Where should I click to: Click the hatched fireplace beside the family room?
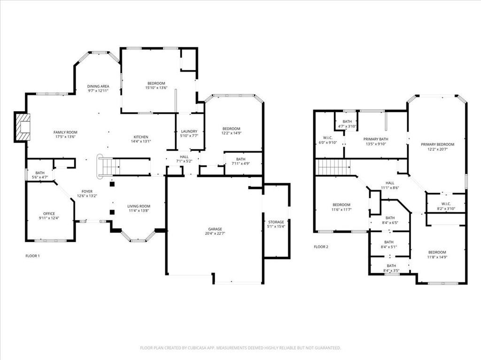pyautogui.click(x=23, y=127)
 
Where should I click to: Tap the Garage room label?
pyautogui.click(x=215, y=229)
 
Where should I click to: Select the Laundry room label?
pyautogui.click(x=189, y=131)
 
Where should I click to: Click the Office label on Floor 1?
pyautogui.click(x=49, y=214)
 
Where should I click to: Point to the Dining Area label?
pyautogui.click(x=98, y=86)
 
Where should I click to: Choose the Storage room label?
pyautogui.click(x=276, y=222)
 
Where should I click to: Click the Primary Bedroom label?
pyautogui.click(x=437, y=144)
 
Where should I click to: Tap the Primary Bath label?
pyautogui.click(x=376, y=139)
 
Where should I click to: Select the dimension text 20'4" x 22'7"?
pyautogui.click(x=215, y=233)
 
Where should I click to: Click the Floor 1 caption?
pyautogui.click(x=32, y=256)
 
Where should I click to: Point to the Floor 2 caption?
pyautogui.click(x=321, y=247)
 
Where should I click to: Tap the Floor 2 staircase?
pyautogui.click(x=333, y=167)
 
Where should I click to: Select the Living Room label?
pyautogui.click(x=139, y=206)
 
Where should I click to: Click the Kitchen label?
pyautogui.click(x=141, y=137)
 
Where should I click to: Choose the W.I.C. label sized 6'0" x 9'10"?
pyautogui.click(x=327, y=140)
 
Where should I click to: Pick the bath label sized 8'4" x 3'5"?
pyautogui.click(x=391, y=268)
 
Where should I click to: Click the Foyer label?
pyautogui.click(x=87, y=192)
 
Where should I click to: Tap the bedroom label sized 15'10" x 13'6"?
pyautogui.click(x=156, y=85)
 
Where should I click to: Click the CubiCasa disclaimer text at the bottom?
pyautogui.click(x=240, y=348)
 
